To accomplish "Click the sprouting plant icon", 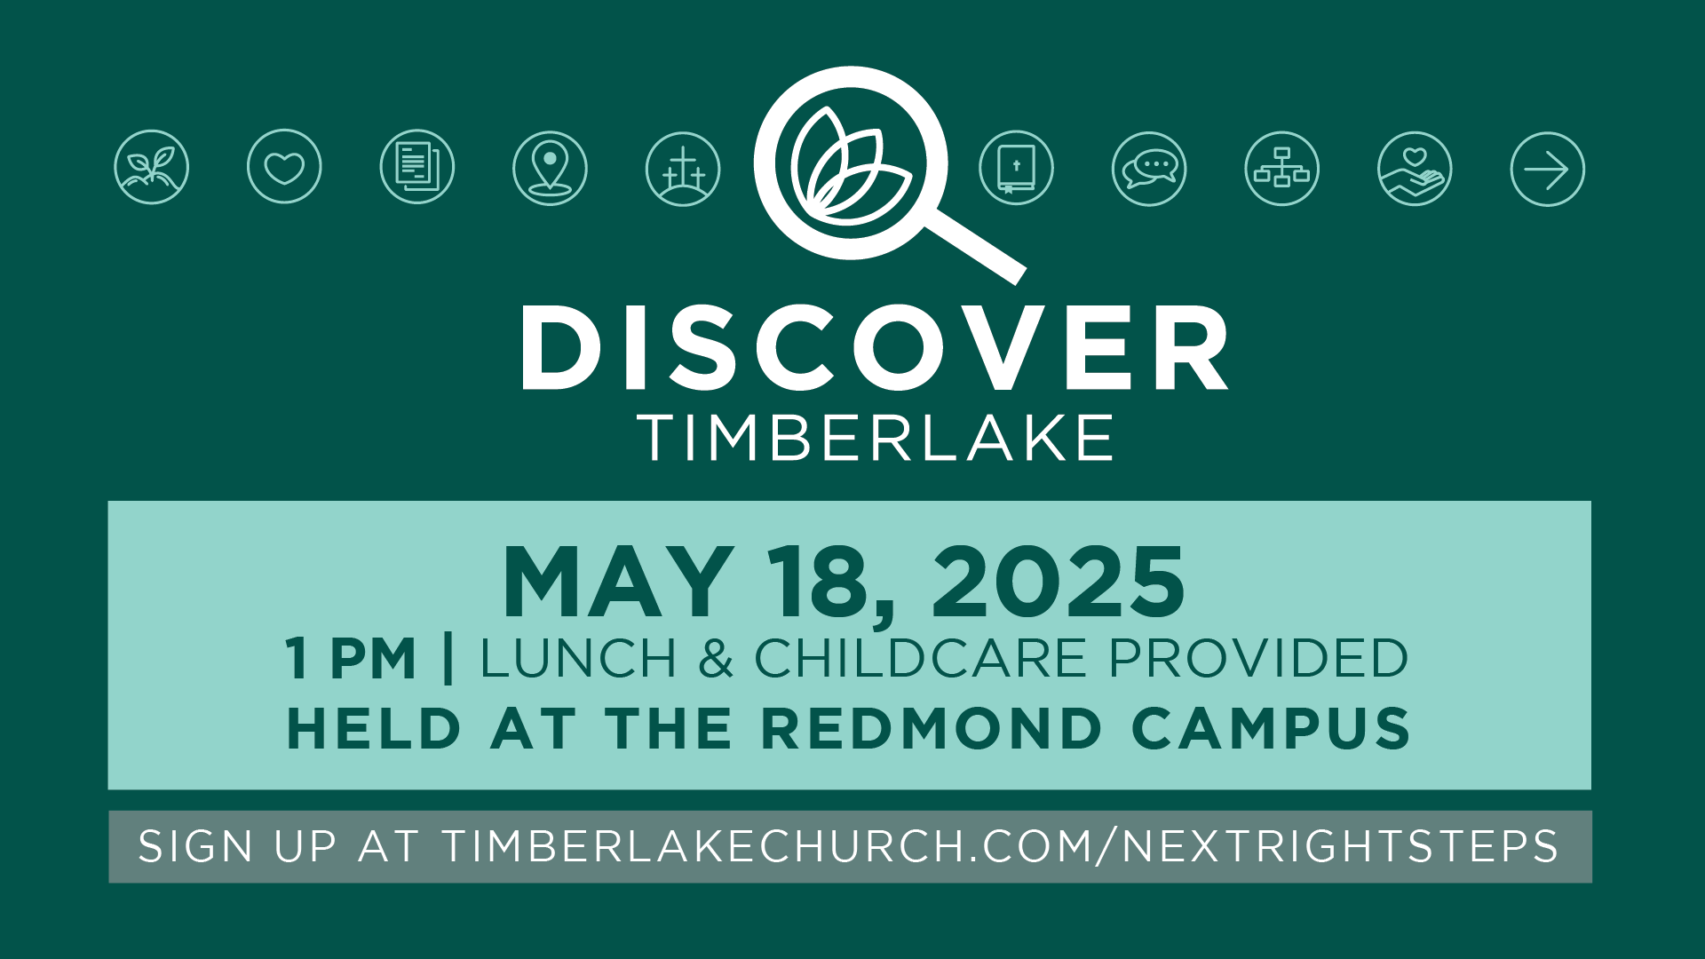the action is (152, 167).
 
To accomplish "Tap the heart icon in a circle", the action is (284, 167).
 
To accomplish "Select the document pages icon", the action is (417, 167).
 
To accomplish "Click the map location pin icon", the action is (550, 168).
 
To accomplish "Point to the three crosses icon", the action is (683, 169).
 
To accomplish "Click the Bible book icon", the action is (1017, 168).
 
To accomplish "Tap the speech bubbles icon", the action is (1149, 169).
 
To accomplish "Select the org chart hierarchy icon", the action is (1282, 169).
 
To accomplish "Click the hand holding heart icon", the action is (1415, 169).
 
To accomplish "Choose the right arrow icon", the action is (1548, 170).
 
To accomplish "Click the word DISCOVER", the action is (875, 347).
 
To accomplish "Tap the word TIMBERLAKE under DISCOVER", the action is (876, 437).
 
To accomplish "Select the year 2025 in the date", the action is (1058, 582).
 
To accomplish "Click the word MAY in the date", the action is (618, 582).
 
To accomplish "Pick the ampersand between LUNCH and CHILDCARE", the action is (716, 658).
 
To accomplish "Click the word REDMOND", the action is (932, 729).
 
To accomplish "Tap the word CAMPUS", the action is (1272, 729).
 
